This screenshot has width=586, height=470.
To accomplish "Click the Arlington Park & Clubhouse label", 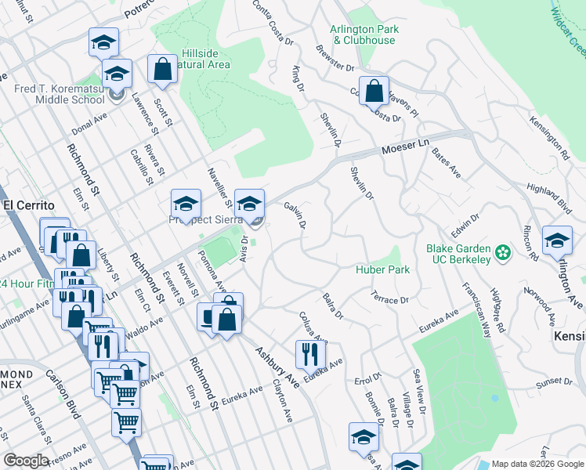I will click(x=364, y=34).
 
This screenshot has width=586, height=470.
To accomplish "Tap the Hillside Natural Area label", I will click(x=205, y=58).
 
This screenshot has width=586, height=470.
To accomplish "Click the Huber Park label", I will click(x=383, y=269).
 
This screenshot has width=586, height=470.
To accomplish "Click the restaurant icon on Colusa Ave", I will click(x=311, y=356).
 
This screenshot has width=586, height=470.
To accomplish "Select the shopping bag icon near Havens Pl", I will click(x=374, y=91).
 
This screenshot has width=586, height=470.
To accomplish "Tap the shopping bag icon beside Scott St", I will click(x=161, y=69).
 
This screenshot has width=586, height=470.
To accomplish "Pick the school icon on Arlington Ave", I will click(x=556, y=240).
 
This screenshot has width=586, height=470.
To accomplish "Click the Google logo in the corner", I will click(x=26, y=461).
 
